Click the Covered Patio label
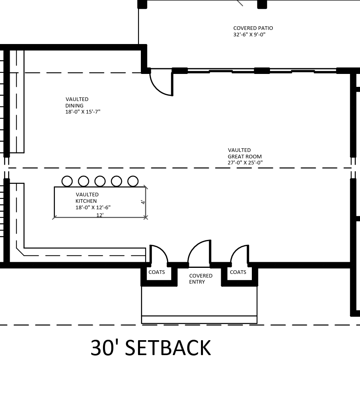click(x=253, y=31)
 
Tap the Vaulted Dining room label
click(x=83, y=105)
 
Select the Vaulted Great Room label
click(x=245, y=156)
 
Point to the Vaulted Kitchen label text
click(x=93, y=201)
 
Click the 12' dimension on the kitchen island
click(x=100, y=215)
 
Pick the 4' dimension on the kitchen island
click(x=143, y=202)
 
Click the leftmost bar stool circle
click(x=67, y=181)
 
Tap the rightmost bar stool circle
click(x=133, y=181)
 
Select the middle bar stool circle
click(x=100, y=181)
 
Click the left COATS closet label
click(x=157, y=272)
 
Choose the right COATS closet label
click(x=238, y=272)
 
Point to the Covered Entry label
click(x=201, y=279)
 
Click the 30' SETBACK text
click(x=151, y=348)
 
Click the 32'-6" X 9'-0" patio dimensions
click(x=249, y=34)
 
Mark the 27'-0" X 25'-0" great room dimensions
click(x=245, y=162)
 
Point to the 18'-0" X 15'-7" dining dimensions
click(x=83, y=112)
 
